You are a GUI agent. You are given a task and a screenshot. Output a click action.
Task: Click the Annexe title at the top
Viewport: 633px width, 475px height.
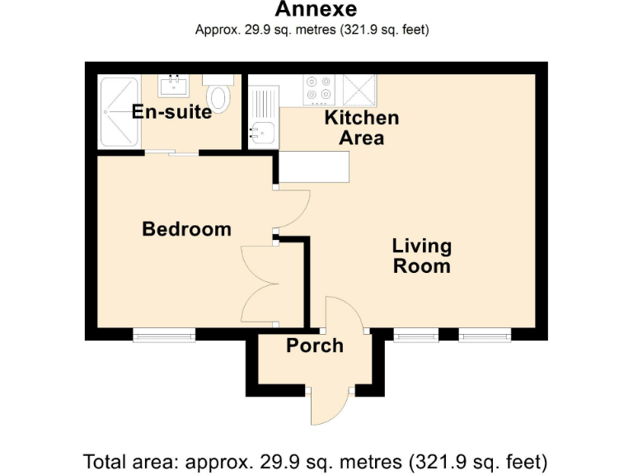point(316,10)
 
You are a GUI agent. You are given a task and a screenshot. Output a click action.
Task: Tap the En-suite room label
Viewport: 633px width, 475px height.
point(171,112)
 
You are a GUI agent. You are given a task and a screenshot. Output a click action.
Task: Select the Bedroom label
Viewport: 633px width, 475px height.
point(186,228)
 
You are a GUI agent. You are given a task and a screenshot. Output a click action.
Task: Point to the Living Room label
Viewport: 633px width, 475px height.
point(421,256)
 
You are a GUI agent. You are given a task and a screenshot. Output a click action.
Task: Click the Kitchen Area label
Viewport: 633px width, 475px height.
point(361,127)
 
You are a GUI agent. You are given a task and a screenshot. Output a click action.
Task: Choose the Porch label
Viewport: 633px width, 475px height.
point(314,346)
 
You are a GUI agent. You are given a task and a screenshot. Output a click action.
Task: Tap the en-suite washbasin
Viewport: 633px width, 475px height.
point(174,84)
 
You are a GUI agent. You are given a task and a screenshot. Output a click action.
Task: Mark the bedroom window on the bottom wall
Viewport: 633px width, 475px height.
point(164,335)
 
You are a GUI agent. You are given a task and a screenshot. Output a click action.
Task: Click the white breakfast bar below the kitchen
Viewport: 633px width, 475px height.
point(314,168)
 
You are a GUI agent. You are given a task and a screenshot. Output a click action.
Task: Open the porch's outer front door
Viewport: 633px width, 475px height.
point(331,404)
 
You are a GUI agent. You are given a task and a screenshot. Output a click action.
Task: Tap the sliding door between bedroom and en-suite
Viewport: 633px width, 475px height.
point(172,153)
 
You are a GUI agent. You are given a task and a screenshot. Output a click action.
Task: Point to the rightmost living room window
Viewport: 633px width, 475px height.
point(484,335)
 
